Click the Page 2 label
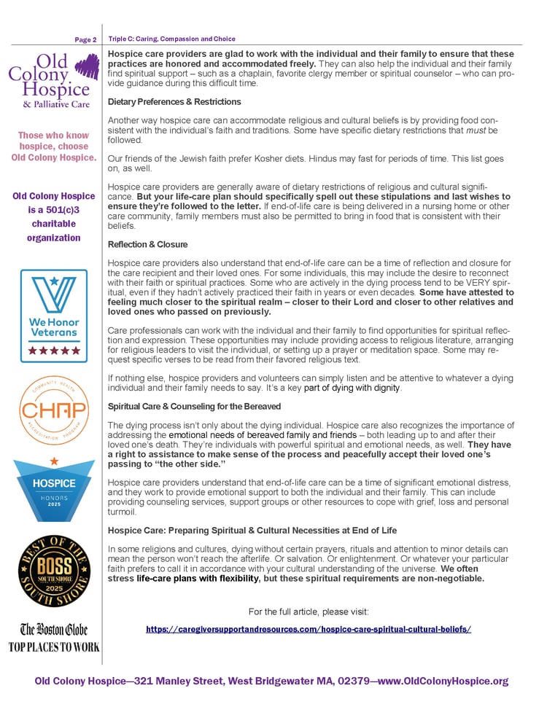click(x=85, y=39)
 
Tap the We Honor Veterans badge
click(x=53, y=315)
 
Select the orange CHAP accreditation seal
click(x=53, y=410)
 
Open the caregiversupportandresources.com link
click(x=309, y=628)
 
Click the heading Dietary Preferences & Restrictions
click(x=174, y=101)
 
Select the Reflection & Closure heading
click(x=147, y=244)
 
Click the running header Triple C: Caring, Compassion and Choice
click(x=172, y=39)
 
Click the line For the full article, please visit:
click(x=309, y=611)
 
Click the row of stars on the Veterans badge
click(x=53, y=351)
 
